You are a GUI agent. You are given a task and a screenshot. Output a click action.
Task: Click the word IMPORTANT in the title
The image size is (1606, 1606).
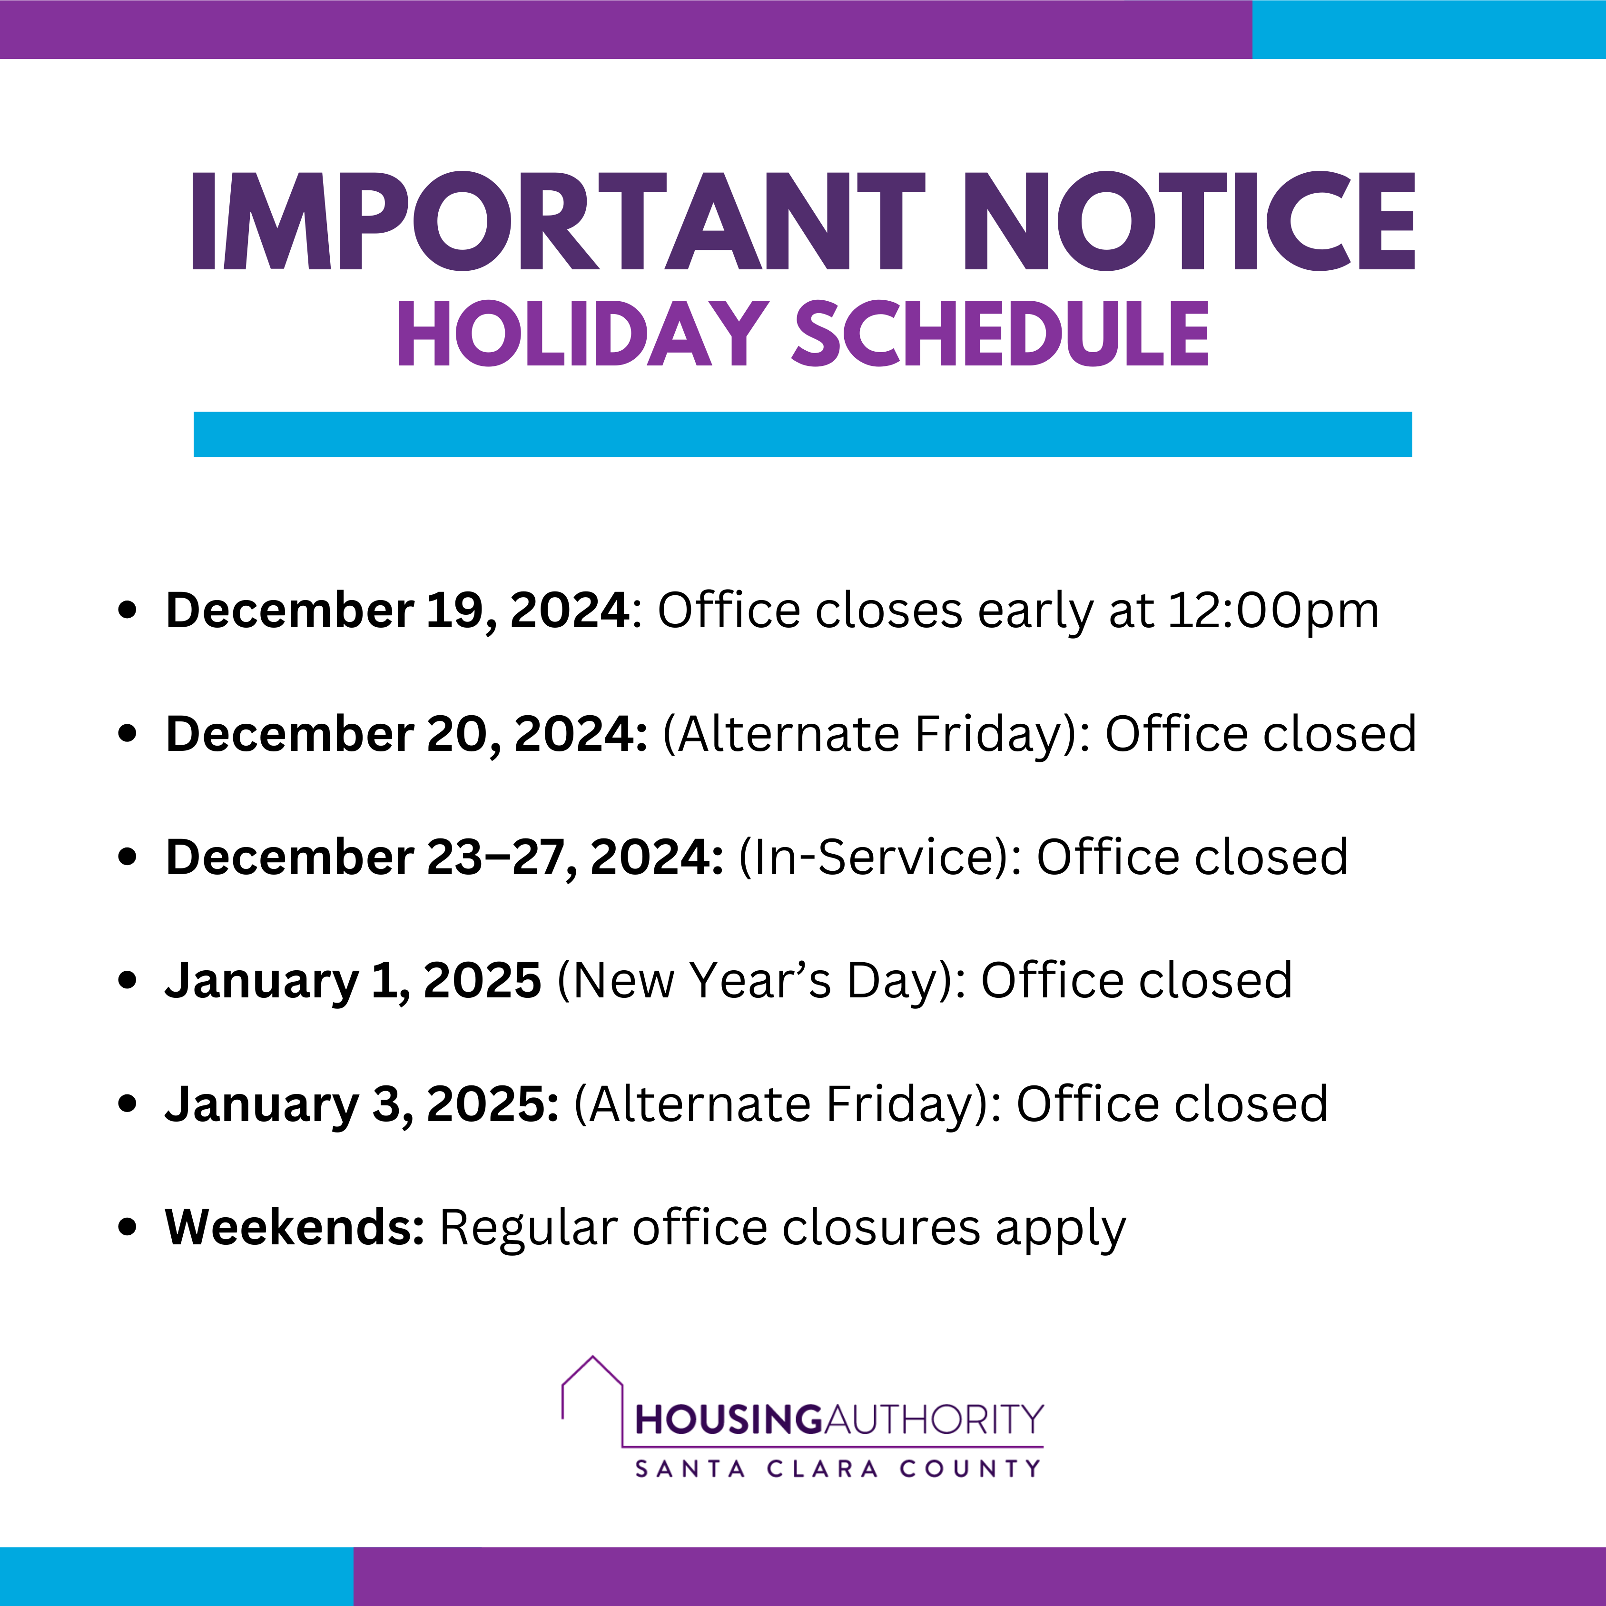pos(558,221)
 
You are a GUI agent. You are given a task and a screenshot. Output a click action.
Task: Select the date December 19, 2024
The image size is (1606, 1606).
pos(397,611)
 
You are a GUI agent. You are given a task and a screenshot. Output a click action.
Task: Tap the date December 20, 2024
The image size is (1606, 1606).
pos(405,735)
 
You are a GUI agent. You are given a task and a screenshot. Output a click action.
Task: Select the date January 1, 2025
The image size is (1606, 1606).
pos(353,981)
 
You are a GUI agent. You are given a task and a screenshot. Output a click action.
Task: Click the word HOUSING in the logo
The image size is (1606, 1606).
pos(728,1420)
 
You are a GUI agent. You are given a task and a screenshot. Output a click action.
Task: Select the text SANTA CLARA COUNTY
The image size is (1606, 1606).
pos(838,1469)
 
